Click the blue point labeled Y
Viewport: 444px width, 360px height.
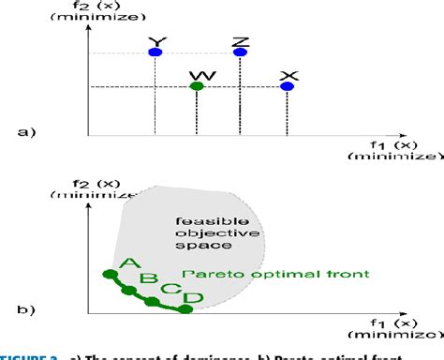click(x=155, y=52)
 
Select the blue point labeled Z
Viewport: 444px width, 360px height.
click(x=241, y=52)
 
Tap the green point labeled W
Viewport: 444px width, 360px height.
click(x=196, y=87)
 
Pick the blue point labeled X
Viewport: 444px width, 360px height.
click(x=288, y=87)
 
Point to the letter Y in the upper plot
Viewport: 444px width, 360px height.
click(x=155, y=40)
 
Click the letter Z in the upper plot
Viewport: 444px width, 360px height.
click(x=241, y=40)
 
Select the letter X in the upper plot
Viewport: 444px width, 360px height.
click(x=289, y=74)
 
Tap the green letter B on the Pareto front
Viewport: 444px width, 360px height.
click(x=148, y=277)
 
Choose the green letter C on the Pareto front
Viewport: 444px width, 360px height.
click(x=168, y=290)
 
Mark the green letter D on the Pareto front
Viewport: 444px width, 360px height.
click(x=192, y=299)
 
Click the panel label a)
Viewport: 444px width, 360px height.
click(x=25, y=132)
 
